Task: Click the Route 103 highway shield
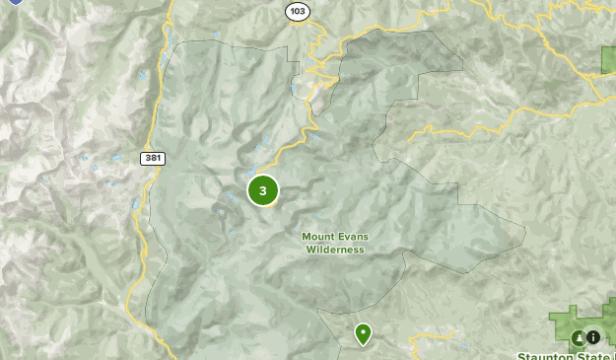point(298,11)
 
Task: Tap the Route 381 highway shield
point(152,158)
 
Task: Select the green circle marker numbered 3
point(262,190)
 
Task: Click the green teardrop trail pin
point(364,334)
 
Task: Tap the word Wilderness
point(335,251)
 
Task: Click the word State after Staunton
point(594,355)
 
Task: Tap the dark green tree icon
point(579,337)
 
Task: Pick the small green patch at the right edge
point(608,59)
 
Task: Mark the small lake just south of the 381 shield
point(136,204)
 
